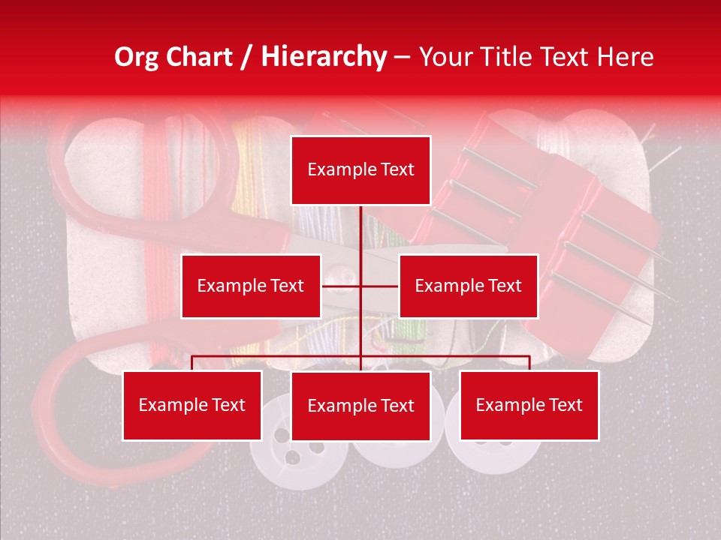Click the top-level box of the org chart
pos(360,170)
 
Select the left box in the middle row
pos(251,286)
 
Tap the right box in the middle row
pos(468,286)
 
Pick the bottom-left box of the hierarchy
pos(192,405)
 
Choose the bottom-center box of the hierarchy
pos(360,406)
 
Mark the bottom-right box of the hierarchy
pos(529,405)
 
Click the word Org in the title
pos(137,57)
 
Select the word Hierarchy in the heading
pos(323,57)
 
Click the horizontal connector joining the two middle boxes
pos(342,286)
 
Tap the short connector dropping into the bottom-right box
pos(529,362)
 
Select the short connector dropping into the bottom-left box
pos(192,362)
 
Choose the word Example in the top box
pos(336,170)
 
